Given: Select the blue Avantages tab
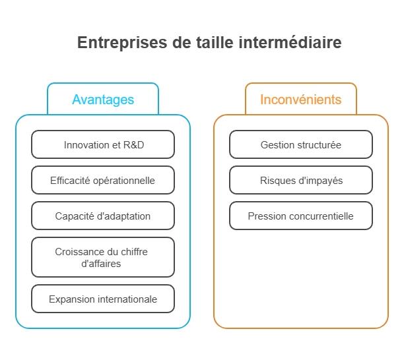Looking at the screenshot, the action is (103, 100).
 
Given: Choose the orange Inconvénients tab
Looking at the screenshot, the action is (301, 100).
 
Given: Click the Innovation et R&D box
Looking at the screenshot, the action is (103, 144).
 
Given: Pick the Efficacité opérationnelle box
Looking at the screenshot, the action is (103, 180).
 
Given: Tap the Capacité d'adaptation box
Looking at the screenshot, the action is (103, 216).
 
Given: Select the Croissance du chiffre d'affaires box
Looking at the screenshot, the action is (103, 257).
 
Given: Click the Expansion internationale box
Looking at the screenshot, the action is (103, 299).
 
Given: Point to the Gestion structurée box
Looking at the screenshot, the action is (301, 144).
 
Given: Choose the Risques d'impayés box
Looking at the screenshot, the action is (301, 180).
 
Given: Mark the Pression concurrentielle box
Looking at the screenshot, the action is (301, 216).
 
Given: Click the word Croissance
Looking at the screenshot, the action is (80, 251).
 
